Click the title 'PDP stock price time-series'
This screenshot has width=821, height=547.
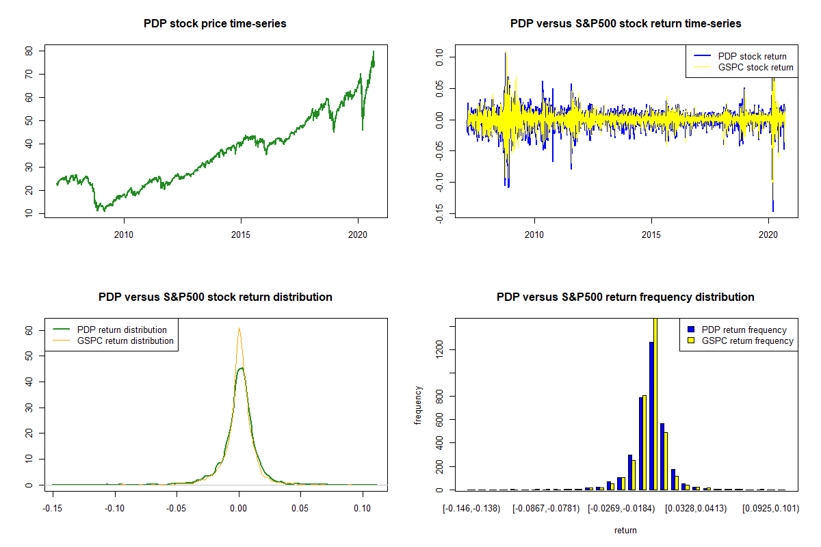(215, 24)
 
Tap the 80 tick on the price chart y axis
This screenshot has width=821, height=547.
(29, 51)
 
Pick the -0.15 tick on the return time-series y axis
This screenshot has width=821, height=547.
(439, 213)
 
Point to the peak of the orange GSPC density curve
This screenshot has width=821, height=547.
(239, 329)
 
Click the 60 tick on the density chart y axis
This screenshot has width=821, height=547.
(29, 330)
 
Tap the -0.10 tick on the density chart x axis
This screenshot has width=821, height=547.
(114, 508)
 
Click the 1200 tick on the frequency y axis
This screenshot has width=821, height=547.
(439, 350)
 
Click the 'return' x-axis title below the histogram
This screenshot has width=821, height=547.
(625, 530)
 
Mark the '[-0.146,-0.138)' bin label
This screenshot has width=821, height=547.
(471, 508)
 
